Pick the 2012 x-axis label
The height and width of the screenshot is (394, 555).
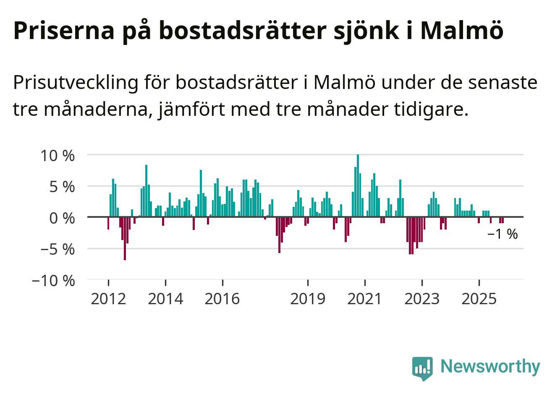[108, 299]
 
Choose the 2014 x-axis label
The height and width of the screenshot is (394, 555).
[165, 299]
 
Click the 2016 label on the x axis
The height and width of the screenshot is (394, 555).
[223, 299]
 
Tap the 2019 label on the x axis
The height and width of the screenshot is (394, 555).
[308, 299]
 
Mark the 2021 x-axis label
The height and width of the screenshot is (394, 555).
[365, 299]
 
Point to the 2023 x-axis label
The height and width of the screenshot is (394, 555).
[422, 299]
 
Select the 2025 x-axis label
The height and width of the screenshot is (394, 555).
[479, 299]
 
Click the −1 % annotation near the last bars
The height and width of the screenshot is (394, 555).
[503, 234]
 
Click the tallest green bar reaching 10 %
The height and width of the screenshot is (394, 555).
[358, 186]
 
